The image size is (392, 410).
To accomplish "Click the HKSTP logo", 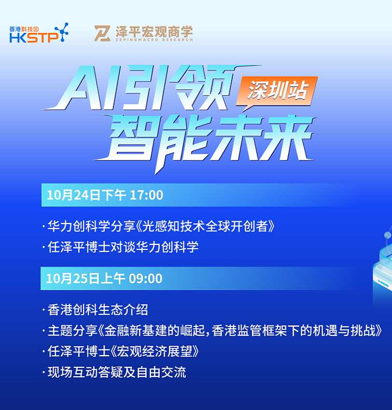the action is (x=39, y=33).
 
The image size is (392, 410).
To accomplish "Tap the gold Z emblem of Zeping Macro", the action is (x=102, y=33).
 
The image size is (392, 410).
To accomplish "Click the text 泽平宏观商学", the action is (x=154, y=31).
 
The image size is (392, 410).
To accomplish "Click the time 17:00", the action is (x=146, y=195).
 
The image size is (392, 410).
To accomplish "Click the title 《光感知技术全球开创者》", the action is (x=205, y=226).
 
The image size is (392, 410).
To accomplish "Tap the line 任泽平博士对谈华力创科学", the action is (x=123, y=247).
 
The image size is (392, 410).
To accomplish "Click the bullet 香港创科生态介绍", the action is (x=98, y=310).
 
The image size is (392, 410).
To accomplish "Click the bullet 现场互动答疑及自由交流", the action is (x=117, y=372).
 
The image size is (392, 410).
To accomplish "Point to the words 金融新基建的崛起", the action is (x=154, y=331).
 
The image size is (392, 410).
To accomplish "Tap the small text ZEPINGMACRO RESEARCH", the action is (x=154, y=40).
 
